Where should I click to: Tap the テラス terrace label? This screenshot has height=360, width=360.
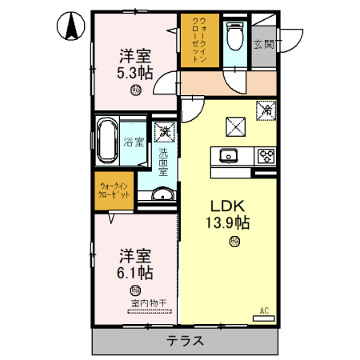coord(185,341)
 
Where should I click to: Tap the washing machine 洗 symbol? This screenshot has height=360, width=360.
coord(163,130)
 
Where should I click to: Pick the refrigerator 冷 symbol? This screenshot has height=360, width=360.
coord(266,111)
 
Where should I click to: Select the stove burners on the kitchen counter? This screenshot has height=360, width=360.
coord(265,155)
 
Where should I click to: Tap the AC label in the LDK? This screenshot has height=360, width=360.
coord(262,309)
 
